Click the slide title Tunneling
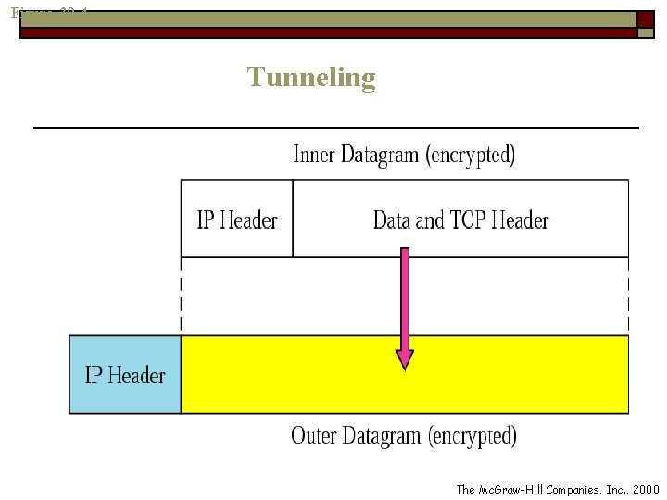click(x=311, y=77)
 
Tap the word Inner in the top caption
click(x=314, y=154)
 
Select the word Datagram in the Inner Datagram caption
click(x=380, y=155)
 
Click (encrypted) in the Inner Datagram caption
click(x=470, y=155)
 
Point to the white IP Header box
click(x=237, y=219)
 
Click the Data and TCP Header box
click(x=460, y=219)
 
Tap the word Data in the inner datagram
click(x=392, y=220)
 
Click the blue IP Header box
click(x=125, y=375)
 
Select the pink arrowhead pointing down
click(x=405, y=358)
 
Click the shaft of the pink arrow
click(x=405, y=296)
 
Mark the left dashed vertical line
click(x=182, y=295)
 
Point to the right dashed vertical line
click(x=628, y=295)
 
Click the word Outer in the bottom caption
click(x=313, y=435)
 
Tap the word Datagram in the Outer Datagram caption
click(x=381, y=436)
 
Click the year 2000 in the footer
click(x=645, y=489)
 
